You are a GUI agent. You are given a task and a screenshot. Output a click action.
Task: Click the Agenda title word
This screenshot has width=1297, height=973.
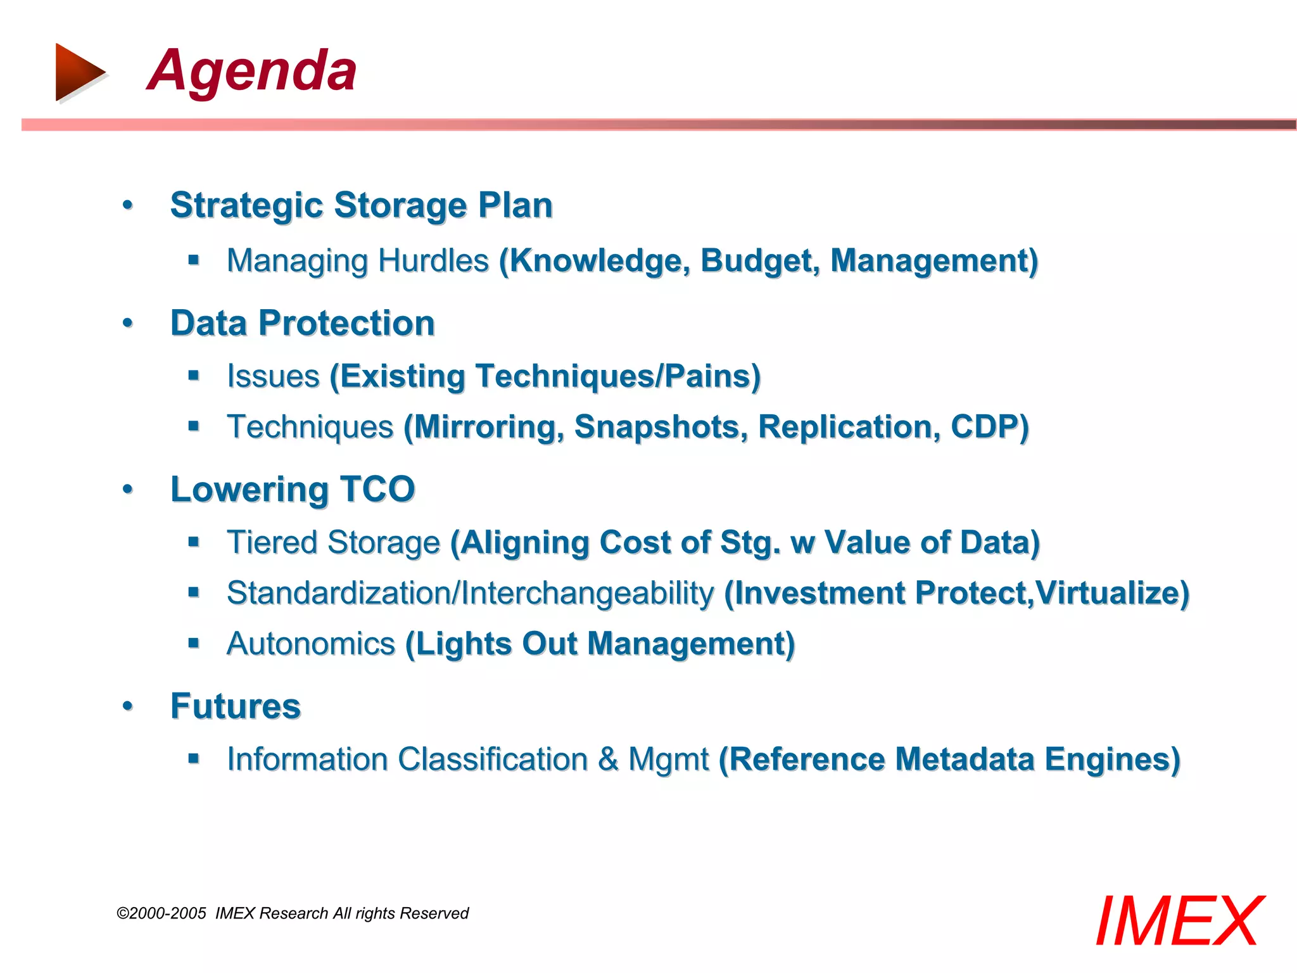[252, 71]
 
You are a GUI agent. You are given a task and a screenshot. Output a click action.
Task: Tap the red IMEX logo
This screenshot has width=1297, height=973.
[1179, 922]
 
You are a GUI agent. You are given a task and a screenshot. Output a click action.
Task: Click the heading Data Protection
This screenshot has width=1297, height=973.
[303, 323]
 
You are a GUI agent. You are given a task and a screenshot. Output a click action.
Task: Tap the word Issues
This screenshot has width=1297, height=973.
[273, 376]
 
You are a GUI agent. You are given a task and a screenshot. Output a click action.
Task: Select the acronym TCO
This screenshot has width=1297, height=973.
[377, 490]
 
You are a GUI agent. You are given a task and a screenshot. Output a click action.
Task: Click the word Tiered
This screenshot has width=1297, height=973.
[272, 543]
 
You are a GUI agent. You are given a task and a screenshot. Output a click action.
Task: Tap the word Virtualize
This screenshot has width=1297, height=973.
[1112, 594]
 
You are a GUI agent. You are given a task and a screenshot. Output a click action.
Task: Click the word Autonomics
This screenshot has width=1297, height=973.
[310, 644]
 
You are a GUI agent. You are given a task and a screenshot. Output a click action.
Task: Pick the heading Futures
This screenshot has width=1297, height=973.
[236, 706]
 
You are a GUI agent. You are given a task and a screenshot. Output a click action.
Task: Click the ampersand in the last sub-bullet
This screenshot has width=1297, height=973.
[608, 760]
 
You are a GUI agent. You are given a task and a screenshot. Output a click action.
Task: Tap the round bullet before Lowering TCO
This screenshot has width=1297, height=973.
[128, 490]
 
